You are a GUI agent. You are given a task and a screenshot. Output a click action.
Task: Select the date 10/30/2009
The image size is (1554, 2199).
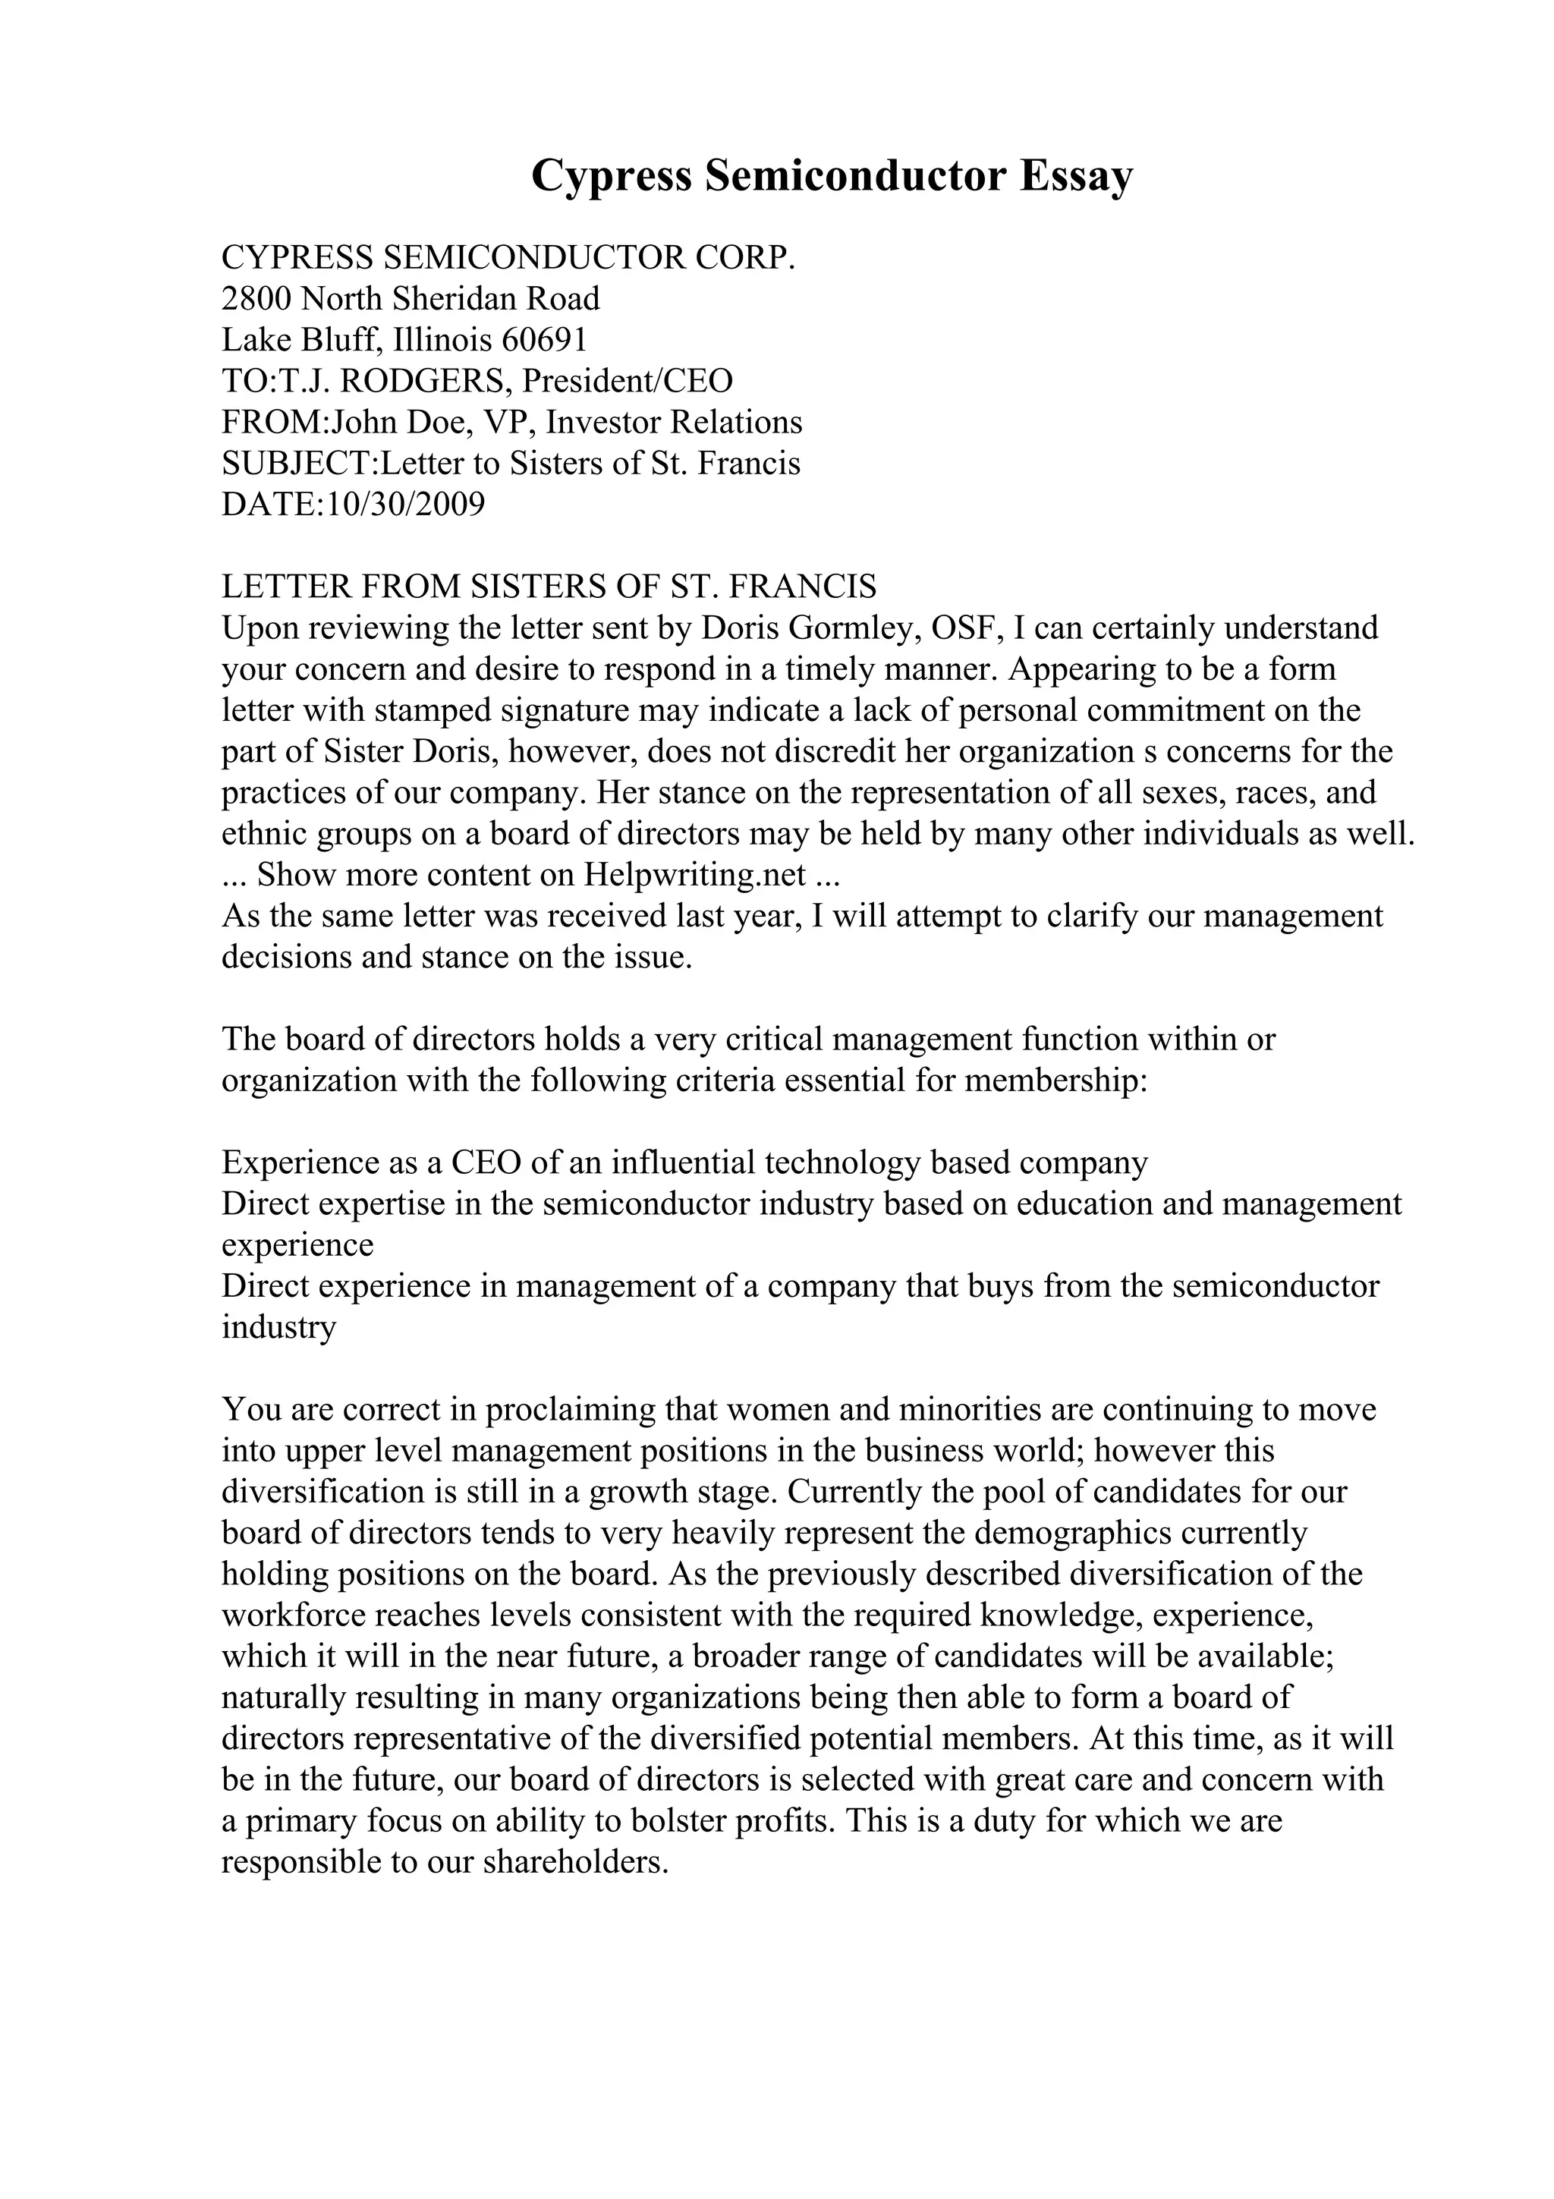pos(405,504)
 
